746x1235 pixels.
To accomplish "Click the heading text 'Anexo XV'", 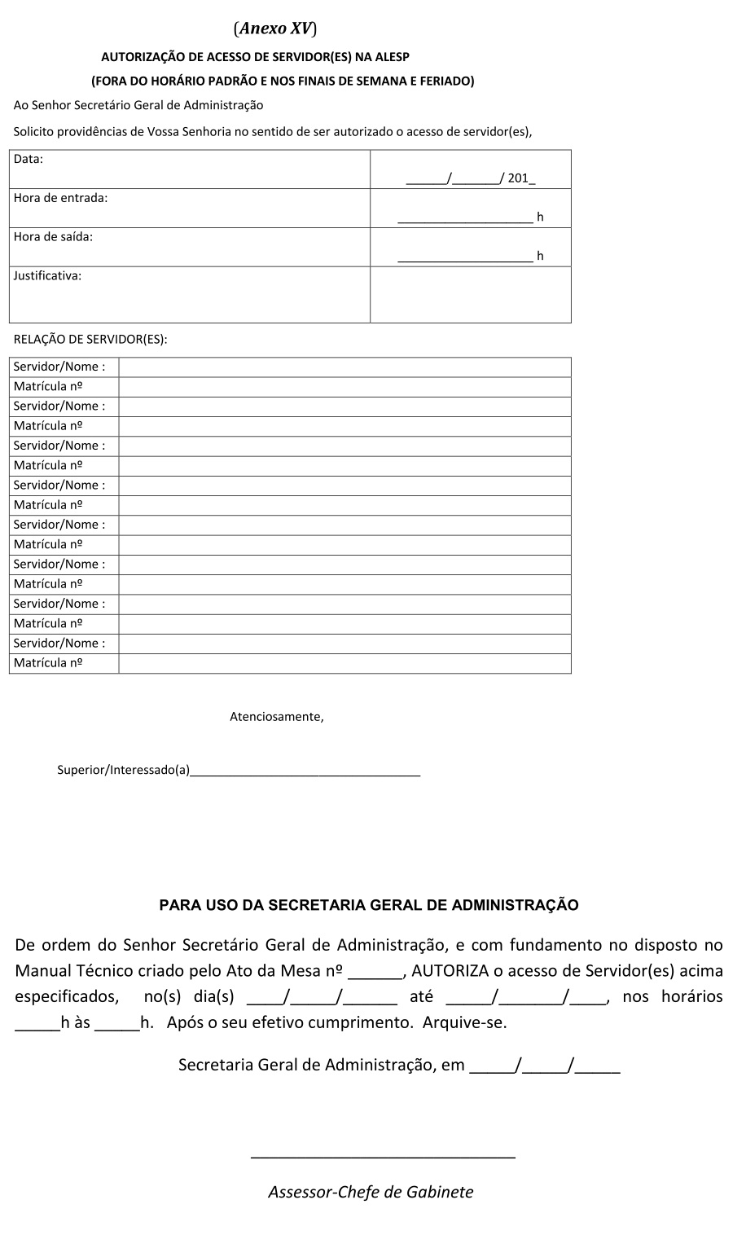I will click(275, 29).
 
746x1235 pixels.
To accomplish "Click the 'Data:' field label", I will click(29, 159).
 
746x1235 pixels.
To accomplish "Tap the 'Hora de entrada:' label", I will click(60, 198).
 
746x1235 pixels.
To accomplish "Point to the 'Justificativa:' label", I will click(47, 275).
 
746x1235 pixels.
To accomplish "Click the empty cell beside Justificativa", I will click(471, 295).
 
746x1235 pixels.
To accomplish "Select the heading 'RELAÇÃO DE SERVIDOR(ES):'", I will click(90, 340).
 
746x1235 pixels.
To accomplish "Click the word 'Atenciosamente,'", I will click(277, 717).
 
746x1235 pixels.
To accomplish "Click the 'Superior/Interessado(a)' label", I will click(123, 770).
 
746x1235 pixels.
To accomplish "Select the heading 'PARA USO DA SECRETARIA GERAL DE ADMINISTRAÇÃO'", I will click(369, 905).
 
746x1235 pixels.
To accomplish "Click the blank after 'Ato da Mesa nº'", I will click(375, 973).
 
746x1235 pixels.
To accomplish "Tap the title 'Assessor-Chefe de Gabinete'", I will click(371, 1192).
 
